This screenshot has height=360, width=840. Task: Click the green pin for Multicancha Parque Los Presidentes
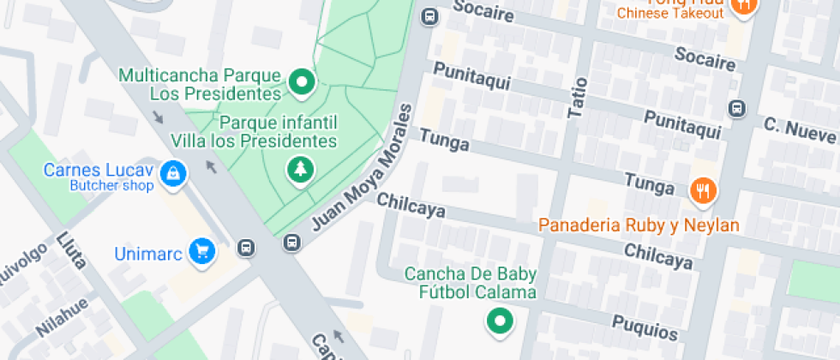[301, 83]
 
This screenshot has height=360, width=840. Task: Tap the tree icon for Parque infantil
[300, 169]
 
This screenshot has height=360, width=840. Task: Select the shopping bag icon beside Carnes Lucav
[174, 174]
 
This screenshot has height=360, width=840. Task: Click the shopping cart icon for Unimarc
[202, 251]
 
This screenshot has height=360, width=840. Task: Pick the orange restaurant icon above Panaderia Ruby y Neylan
[703, 190]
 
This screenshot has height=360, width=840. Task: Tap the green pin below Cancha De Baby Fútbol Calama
[499, 322]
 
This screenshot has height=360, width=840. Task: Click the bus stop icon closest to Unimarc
[246, 249]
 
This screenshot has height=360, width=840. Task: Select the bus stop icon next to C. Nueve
[735, 109]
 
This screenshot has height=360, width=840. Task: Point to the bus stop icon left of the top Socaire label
[429, 15]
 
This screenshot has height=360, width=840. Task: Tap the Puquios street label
[645, 327]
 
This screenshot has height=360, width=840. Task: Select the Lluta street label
[72, 250]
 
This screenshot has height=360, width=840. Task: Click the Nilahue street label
[62, 315]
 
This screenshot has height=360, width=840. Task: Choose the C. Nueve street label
[801, 130]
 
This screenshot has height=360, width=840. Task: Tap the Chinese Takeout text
[670, 14]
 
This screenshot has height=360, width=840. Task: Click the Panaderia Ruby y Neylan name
[639, 225]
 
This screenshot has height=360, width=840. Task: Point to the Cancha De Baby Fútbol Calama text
[471, 283]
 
